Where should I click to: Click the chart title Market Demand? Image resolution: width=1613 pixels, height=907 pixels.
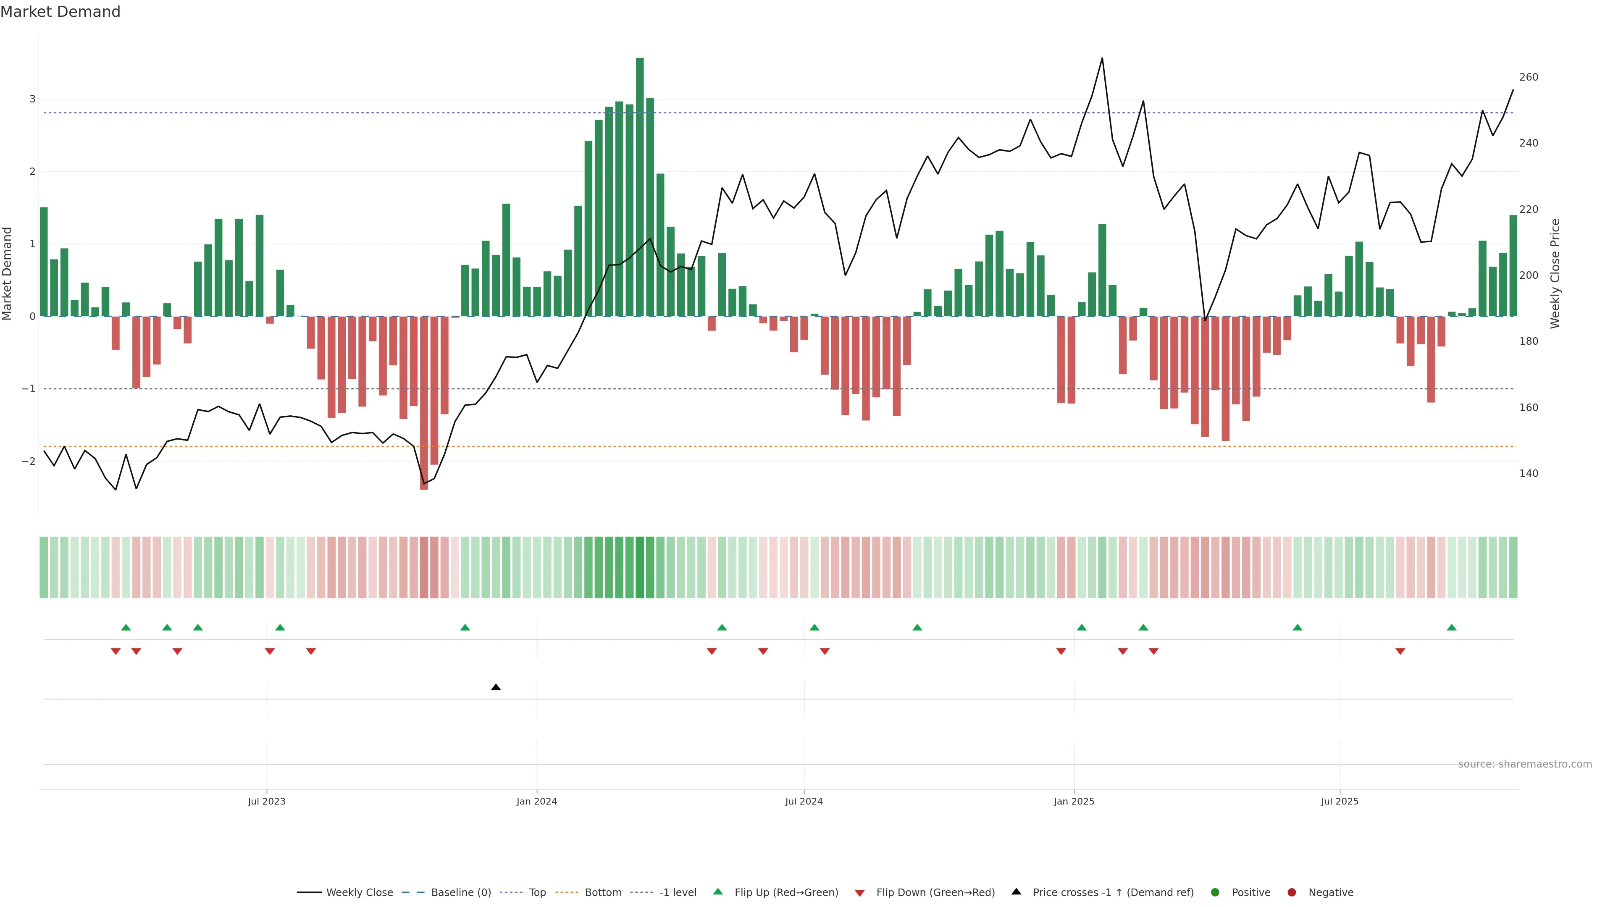click(60, 12)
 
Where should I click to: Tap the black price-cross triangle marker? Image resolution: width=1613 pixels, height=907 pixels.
click(496, 687)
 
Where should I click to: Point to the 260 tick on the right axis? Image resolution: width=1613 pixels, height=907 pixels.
click(1529, 77)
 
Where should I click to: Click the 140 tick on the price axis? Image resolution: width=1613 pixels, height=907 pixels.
click(1529, 473)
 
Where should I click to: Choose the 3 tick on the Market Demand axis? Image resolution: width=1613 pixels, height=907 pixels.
click(33, 99)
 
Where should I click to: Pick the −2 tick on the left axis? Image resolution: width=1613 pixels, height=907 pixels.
click(29, 461)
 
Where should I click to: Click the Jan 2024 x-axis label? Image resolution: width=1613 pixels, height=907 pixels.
click(537, 801)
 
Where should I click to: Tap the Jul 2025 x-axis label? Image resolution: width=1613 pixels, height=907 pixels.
click(1340, 801)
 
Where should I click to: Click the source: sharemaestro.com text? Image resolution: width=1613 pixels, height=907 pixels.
click(1525, 764)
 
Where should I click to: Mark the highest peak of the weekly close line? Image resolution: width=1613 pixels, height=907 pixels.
click(1102, 58)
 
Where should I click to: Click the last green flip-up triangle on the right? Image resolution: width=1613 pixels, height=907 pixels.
click(1451, 627)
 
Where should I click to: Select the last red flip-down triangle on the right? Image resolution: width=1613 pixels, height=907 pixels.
click(1400, 652)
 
